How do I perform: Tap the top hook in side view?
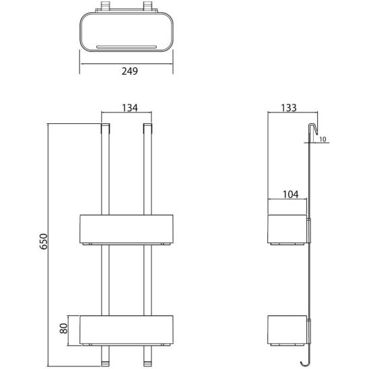point(312,131)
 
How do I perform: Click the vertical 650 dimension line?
point(49,202)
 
